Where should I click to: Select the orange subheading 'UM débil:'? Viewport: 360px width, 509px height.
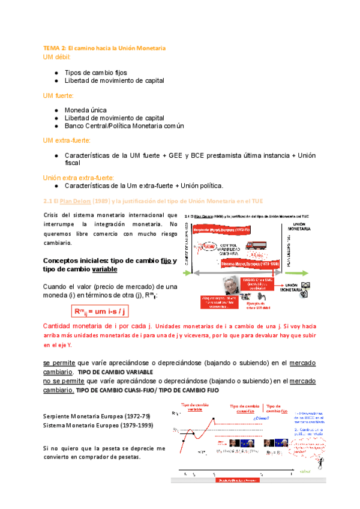tap(57, 57)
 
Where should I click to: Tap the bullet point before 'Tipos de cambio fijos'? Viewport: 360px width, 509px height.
tap(55, 72)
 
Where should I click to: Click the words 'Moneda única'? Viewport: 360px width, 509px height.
tap(86, 110)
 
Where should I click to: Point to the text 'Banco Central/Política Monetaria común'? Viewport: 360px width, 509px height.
tap(124, 126)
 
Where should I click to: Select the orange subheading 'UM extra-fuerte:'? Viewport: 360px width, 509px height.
tap(66, 140)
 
